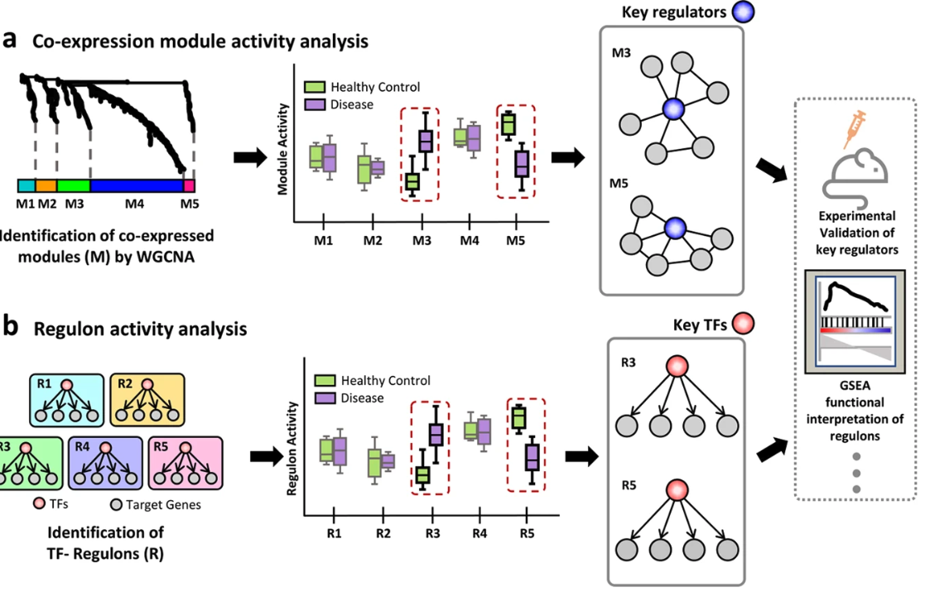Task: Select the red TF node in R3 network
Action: point(677,366)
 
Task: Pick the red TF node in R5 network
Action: point(677,490)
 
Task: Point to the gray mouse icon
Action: point(859,169)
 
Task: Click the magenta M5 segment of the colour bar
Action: point(189,185)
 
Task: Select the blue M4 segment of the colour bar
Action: point(136,185)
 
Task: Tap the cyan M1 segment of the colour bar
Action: point(26,185)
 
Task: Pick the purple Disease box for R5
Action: point(532,457)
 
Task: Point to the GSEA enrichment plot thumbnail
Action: point(857,319)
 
